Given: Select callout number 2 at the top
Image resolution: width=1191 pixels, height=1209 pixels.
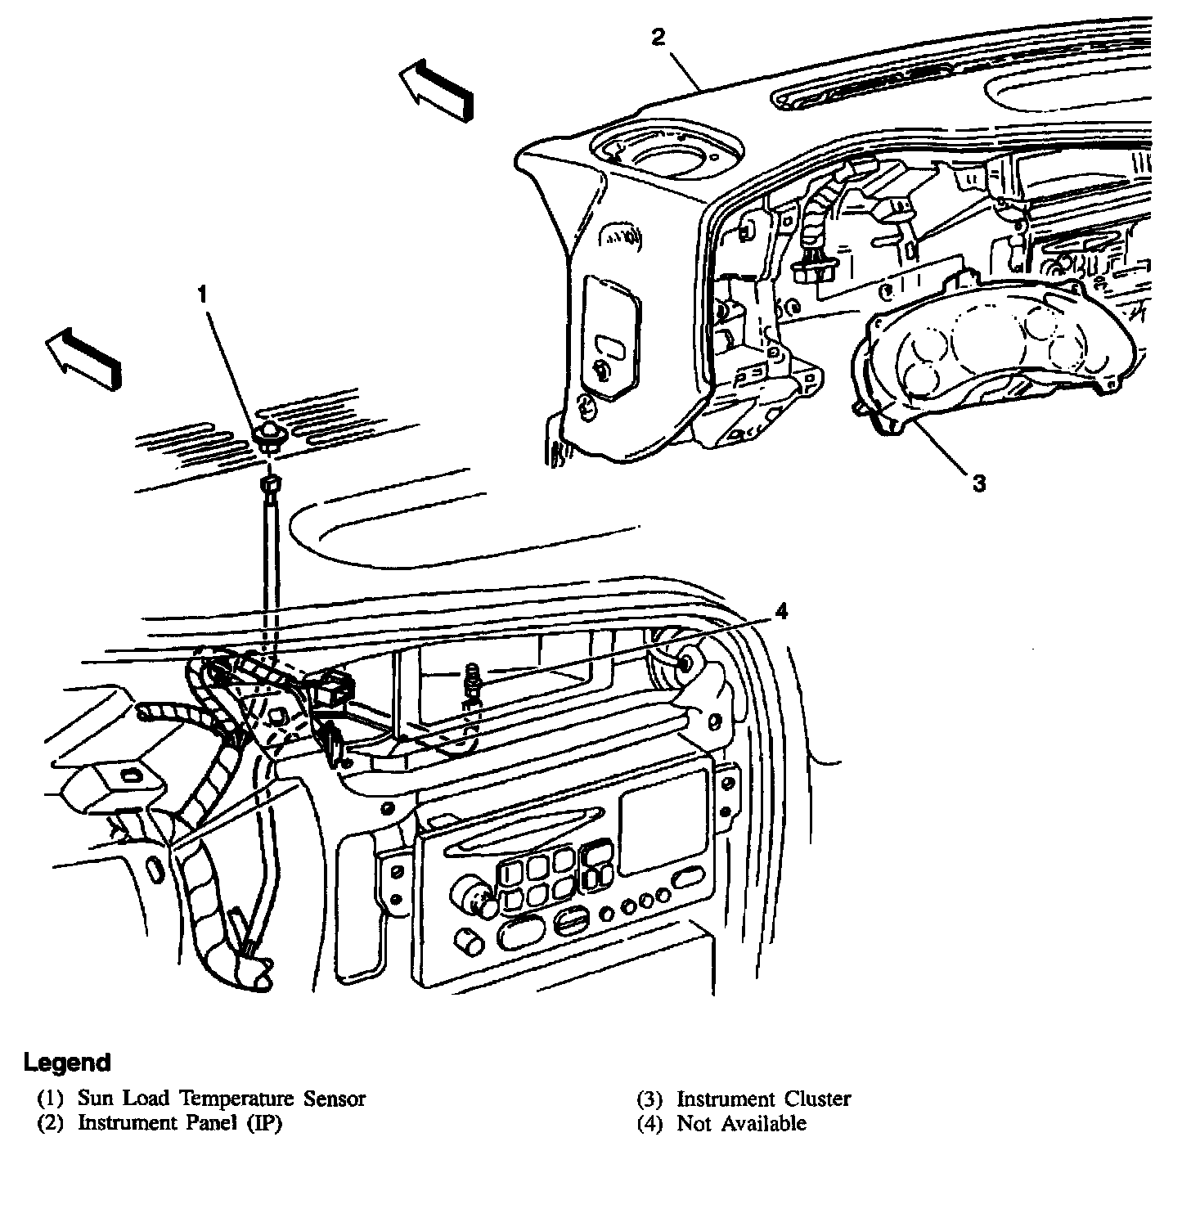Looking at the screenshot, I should [x=659, y=36].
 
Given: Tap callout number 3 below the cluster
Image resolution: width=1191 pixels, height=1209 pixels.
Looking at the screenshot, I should [x=978, y=483].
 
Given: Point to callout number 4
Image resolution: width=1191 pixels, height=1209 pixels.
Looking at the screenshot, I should [x=781, y=612].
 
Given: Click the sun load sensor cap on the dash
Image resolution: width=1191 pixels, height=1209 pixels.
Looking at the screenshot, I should [x=267, y=434].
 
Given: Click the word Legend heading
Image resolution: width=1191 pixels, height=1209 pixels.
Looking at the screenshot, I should [x=66, y=1063].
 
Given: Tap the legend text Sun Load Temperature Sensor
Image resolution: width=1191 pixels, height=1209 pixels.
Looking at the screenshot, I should [x=221, y=1099].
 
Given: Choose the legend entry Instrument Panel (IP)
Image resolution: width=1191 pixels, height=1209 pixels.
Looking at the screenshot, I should [x=179, y=1123].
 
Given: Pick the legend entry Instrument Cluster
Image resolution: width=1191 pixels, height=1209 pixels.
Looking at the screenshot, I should [x=763, y=1099].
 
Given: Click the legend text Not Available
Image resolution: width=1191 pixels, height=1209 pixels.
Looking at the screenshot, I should [x=741, y=1123].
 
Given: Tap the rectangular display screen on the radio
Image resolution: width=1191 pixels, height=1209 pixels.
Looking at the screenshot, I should [x=663, y=822].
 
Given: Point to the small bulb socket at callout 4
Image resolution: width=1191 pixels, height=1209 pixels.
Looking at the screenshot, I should [x=473, y=681].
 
